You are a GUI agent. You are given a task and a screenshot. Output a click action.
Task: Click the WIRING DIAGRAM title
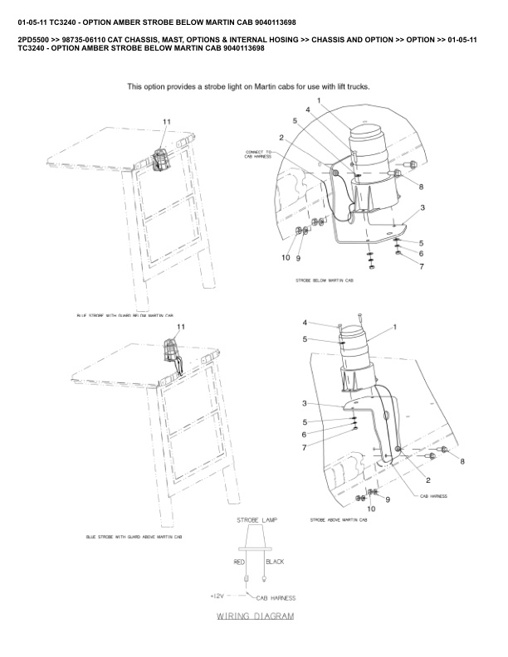[255, 617]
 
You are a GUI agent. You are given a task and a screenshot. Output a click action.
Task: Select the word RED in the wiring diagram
[240, 562]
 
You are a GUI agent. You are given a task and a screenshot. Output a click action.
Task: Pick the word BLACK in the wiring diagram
[275, 562]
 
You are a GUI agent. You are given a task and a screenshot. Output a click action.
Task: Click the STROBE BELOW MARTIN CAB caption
[325, 281]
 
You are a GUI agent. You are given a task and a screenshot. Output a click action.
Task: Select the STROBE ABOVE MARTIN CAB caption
[338, 520]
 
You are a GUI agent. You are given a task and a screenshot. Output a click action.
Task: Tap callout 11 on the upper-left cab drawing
[166, 122]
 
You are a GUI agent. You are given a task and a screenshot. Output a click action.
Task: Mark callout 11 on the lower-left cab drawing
[181, 327]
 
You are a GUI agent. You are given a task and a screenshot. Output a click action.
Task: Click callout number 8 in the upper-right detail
[421, 187]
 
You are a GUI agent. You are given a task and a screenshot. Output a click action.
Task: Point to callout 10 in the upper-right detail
[286, 258]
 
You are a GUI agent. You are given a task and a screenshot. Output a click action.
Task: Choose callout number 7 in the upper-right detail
[421, 266]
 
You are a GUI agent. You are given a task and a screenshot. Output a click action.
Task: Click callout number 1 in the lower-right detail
[394, 327]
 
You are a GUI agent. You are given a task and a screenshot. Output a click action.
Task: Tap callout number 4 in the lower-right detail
[305, 323]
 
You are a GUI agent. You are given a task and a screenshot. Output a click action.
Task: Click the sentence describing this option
[248, 86]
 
